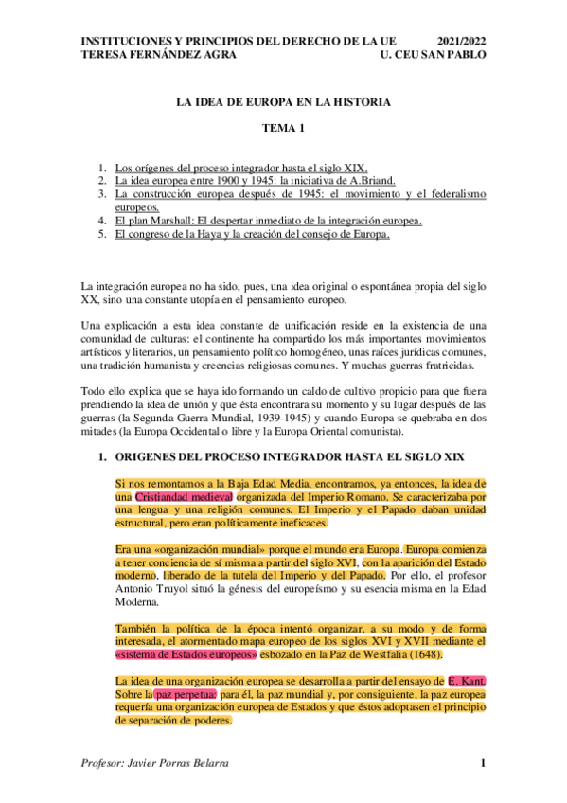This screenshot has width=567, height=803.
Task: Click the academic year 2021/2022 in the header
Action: coord(461,43)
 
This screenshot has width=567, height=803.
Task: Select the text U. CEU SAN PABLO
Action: coord(430,56)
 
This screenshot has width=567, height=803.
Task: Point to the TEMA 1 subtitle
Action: coord(283,128)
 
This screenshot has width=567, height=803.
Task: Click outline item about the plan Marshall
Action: coord(268,222)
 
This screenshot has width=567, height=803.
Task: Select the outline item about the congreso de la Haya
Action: coord(252,235)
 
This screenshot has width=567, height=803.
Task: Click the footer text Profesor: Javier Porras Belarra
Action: coord(157,763)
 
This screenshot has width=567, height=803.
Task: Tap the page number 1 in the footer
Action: coord(482,763)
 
